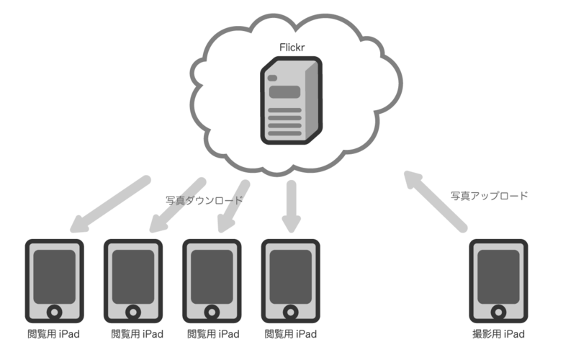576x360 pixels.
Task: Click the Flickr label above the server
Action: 292,48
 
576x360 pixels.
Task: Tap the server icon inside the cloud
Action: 292,100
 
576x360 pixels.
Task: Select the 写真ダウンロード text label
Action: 204,201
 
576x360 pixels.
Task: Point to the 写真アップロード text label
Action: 490,196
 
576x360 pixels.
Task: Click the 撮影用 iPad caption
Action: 498,334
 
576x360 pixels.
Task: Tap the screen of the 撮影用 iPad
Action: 498,277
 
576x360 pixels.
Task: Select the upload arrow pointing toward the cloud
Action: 436,202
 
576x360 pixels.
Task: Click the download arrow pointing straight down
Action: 292,207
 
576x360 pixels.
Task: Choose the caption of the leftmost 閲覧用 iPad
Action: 53,334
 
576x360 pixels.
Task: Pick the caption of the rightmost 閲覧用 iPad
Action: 291,334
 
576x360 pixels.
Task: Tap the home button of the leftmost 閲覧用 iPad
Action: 55,312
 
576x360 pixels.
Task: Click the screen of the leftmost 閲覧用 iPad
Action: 55,277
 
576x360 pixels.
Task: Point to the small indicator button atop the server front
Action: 272,78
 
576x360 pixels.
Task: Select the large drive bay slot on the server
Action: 284,92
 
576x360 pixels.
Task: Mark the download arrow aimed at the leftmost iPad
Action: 110,204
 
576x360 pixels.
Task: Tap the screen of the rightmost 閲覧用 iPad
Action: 291,277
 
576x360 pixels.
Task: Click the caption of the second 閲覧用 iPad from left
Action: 137,334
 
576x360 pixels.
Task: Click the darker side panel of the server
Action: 312,101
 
